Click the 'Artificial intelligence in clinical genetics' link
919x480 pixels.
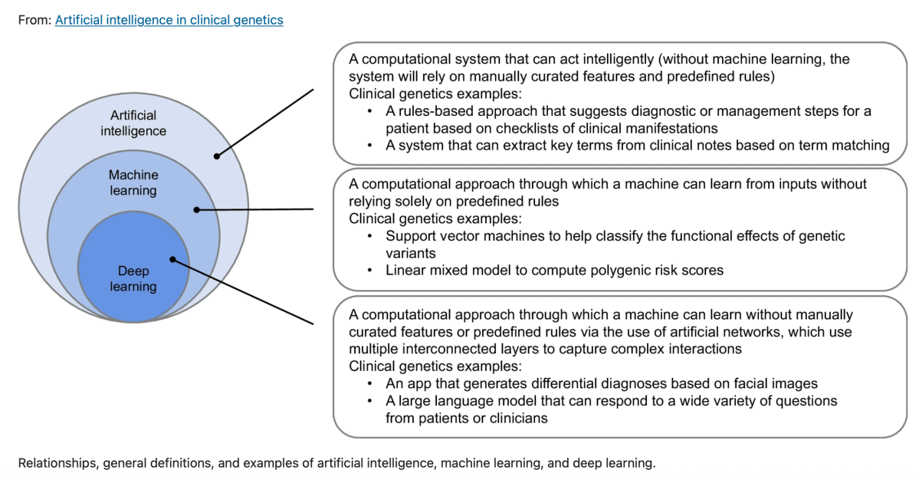pyautogui.click(x=169, y=20)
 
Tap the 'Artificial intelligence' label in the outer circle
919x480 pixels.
pyautogui.click(x=133, y=123)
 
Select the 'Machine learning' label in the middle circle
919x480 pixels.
pyautogui.click(x=133, y=182)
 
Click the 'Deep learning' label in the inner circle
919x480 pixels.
pyautogui.click(x=133, y=279)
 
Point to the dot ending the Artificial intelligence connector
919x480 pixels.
pyautogui.click(x=218, y=156)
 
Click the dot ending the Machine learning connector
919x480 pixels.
pyautogui.click(x=196, y=209)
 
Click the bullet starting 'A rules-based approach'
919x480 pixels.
pyautogui.click(x=370, y=111)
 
